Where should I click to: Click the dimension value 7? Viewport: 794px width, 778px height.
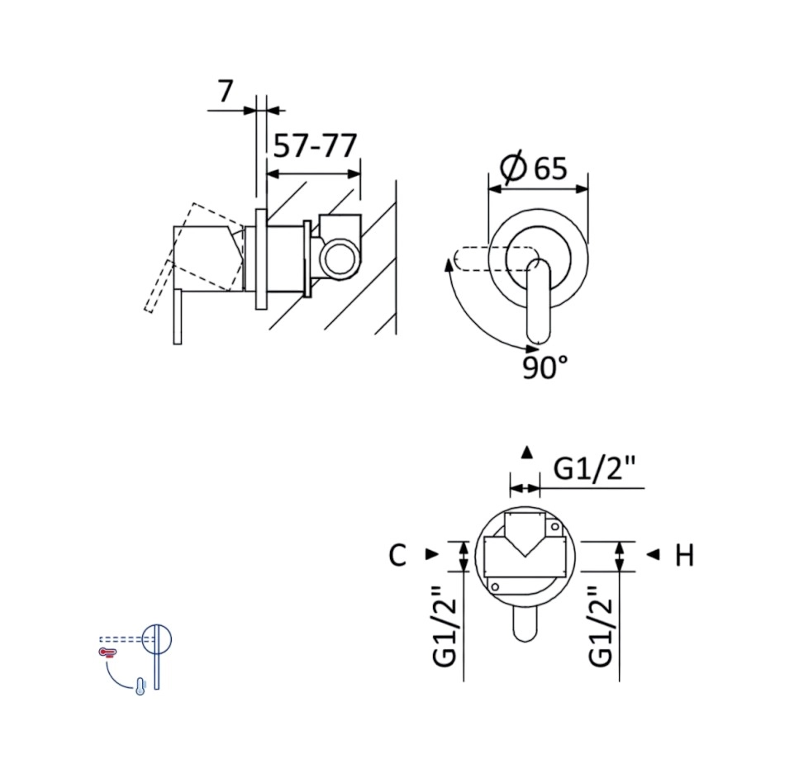[x=226, y=91]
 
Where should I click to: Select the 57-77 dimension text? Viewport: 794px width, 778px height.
[x=315, y=146]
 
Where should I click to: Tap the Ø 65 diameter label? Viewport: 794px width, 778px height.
[x=533, y=167]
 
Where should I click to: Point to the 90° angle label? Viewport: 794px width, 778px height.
[x=544, y=368]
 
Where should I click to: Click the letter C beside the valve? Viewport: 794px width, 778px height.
[x=397, y=555]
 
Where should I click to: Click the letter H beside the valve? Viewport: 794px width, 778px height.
[x=685, y=555]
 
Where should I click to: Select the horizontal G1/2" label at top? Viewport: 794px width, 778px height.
[x=594, y=468]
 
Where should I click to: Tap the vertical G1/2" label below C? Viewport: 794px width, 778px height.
[x=445, y=626]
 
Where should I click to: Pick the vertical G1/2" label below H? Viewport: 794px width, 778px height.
[x=601, y=626]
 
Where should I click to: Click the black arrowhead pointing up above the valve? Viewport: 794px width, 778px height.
[x=527, y=452]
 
